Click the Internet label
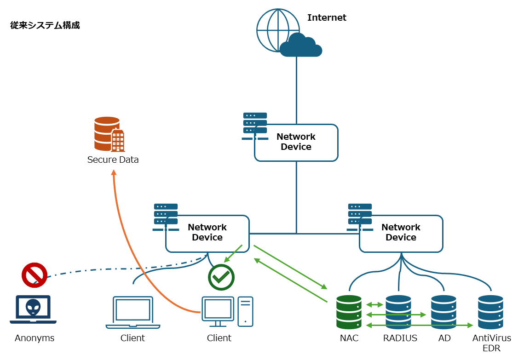327,18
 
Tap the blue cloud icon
301,46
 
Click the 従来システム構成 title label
45,26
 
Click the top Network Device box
296,142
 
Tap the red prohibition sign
35,275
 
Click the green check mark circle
221,277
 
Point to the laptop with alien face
33,309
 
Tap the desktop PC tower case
245,311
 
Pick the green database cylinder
349,312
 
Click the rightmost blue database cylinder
490,312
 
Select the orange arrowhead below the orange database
114,172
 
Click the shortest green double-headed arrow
374,305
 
